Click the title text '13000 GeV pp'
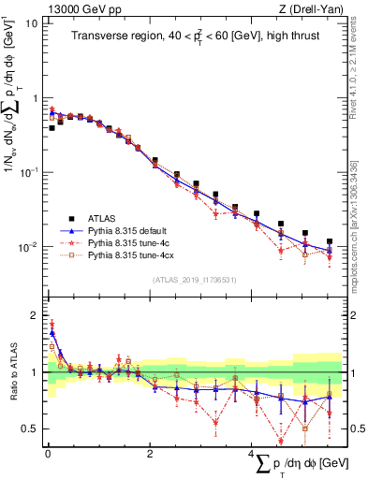click(76, 7)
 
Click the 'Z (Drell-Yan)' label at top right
click(311, 7)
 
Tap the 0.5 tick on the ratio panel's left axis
click(32, 429)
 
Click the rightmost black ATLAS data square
click(330, 241)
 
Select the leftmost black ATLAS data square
click(52, 127)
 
